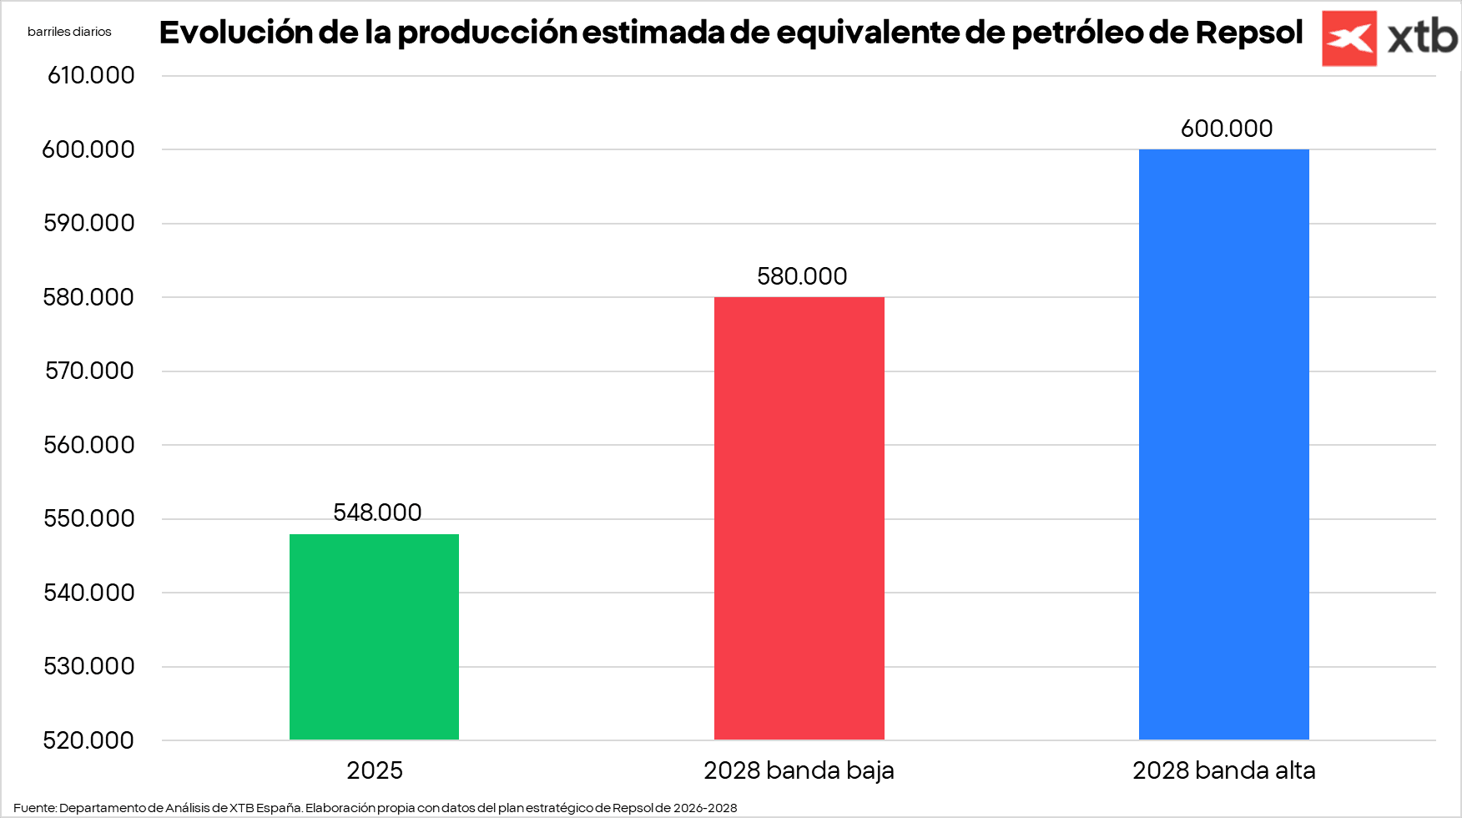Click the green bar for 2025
(374, 636)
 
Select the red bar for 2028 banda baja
(799, 518)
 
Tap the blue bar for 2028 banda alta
(1223, 444)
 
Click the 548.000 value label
(377, 513)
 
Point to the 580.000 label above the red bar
(802, 276)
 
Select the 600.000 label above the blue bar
(1226, 129)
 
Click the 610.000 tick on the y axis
(91, 75)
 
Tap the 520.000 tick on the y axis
(88, 740)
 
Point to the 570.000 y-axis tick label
(89, 371)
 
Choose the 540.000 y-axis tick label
(89, 593)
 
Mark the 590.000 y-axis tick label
(89, 223)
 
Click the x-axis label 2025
(375, 770)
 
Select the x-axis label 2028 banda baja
(799, 770)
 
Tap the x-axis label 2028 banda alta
(1223, 770)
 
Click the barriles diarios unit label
(69, 32)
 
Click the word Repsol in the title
(1248, 33)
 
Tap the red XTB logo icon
(1349, 38)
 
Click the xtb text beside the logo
(1422, 38)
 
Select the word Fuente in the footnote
(34, 808)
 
